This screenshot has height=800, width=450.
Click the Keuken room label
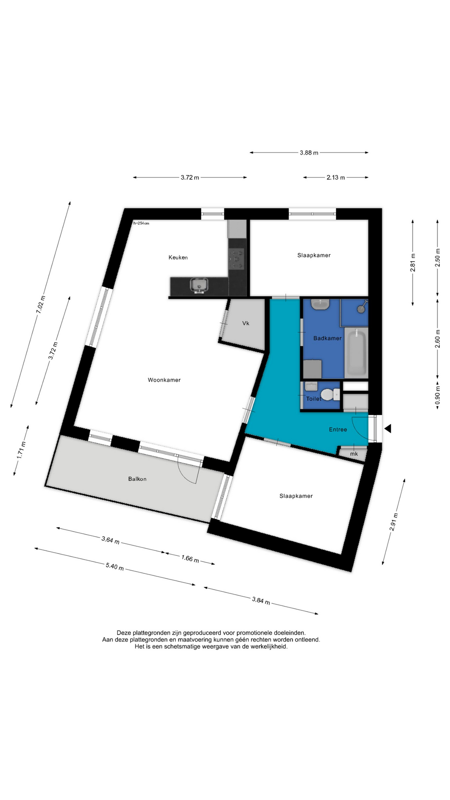click(178, 257)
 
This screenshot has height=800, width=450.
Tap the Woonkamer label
click(164, 380)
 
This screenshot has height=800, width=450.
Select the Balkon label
click(137, 479)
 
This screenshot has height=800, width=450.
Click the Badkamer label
click(327, 338)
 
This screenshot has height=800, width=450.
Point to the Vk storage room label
click(246, 323)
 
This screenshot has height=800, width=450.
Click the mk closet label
click(354, 454)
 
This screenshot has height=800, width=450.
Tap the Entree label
click(338, 430)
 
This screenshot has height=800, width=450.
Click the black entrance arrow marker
click(387, 428)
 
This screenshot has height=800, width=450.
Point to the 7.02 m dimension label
click(40, 304)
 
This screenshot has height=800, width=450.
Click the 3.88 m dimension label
click(309, 153)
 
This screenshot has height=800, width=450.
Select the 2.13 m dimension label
click(336, 177)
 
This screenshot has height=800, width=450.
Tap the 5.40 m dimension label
click(115, 567)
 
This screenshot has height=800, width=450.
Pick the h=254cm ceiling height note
click(141, 223)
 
